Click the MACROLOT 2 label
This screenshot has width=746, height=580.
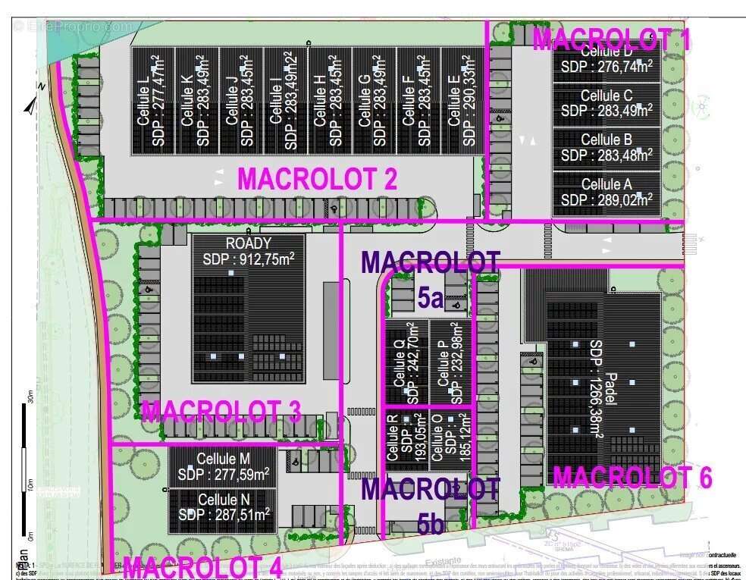318,179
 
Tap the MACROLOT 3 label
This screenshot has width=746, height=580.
221,412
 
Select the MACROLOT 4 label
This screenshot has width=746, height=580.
202,567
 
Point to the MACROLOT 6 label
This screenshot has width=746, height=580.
632,477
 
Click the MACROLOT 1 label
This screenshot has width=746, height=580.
611,39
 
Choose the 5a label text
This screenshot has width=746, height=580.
430,298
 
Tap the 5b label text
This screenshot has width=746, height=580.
430,522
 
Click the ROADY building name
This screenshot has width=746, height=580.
248,244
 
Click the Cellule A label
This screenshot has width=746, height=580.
607,184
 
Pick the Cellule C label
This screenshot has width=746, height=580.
607,96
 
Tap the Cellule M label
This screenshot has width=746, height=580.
224,459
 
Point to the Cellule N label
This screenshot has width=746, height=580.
224,500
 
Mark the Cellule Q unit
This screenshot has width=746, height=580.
406,360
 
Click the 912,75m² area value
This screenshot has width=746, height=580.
265,259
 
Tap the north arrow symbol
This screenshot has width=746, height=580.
30,104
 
